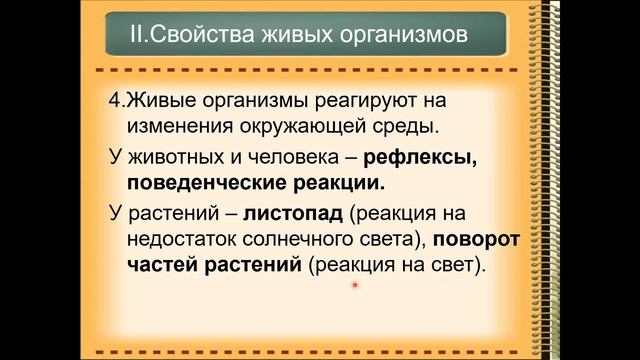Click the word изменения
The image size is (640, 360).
(177, 128)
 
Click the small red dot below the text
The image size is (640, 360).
(355, 286)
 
